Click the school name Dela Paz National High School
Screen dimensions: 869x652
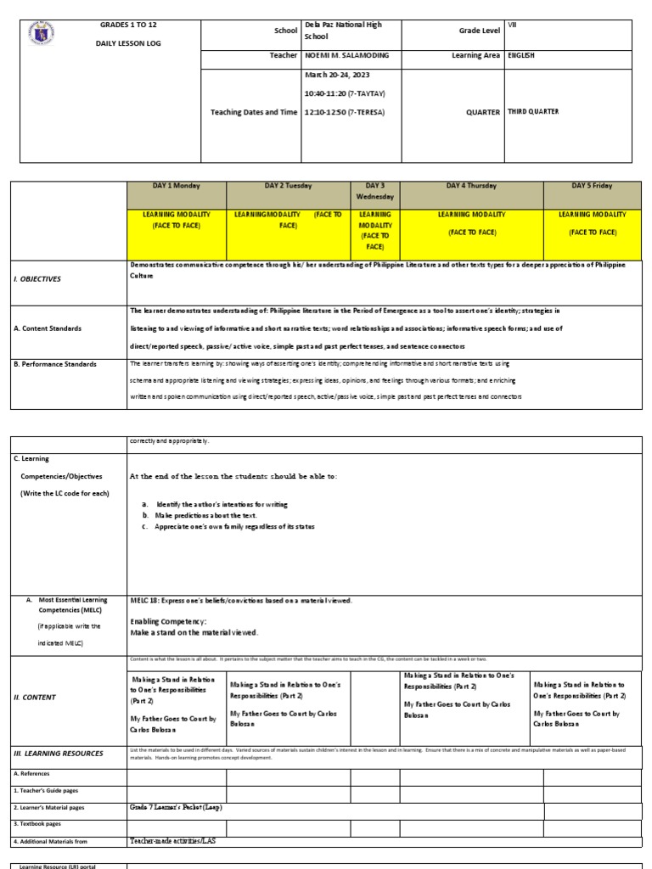click(343, 31)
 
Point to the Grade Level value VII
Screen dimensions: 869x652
click(512, 25)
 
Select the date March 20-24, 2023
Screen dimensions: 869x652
click(336, 74)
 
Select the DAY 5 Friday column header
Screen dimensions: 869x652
click(591, 186)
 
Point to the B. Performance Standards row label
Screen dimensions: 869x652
click(55, 364)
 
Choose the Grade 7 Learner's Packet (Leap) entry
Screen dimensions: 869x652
click(176, 807)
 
